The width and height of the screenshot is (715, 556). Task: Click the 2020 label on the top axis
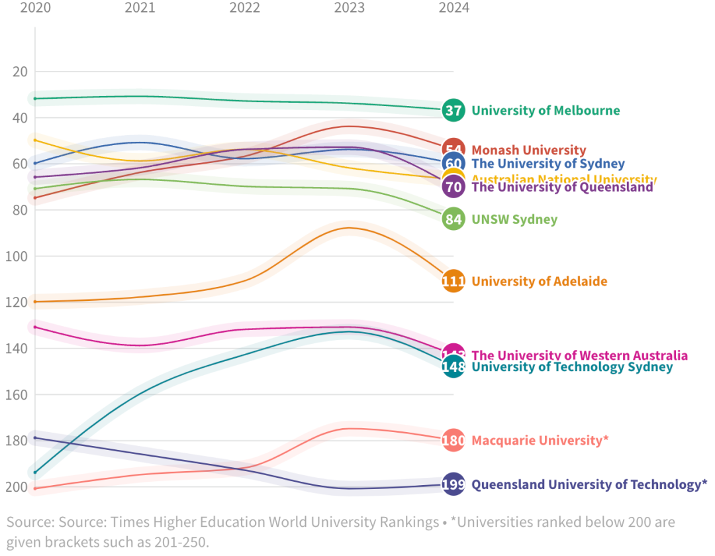[35, 8]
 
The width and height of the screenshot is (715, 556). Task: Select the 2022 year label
[244, 8]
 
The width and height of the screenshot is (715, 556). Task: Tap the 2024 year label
[453, 8]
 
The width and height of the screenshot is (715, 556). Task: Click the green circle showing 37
[453, 110]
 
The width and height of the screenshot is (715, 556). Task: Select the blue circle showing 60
[453, 164]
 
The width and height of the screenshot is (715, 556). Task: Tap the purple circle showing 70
[453, 187]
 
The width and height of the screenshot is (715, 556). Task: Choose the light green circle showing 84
[453, 219]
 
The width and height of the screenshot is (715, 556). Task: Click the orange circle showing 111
[453, 281]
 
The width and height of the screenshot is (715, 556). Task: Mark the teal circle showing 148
[453, 366]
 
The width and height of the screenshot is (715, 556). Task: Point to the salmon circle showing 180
[453, 440]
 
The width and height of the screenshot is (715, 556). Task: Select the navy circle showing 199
[453, 484]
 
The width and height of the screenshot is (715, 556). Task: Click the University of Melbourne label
[546, 110]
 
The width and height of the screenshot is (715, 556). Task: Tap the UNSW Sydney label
[514, 219]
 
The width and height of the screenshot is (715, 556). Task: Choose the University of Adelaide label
[539, 281]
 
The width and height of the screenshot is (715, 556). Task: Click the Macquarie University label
[540, 440]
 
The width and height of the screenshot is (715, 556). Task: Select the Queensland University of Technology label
[589, 484]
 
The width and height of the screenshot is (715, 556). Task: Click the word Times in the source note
[128, 522]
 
